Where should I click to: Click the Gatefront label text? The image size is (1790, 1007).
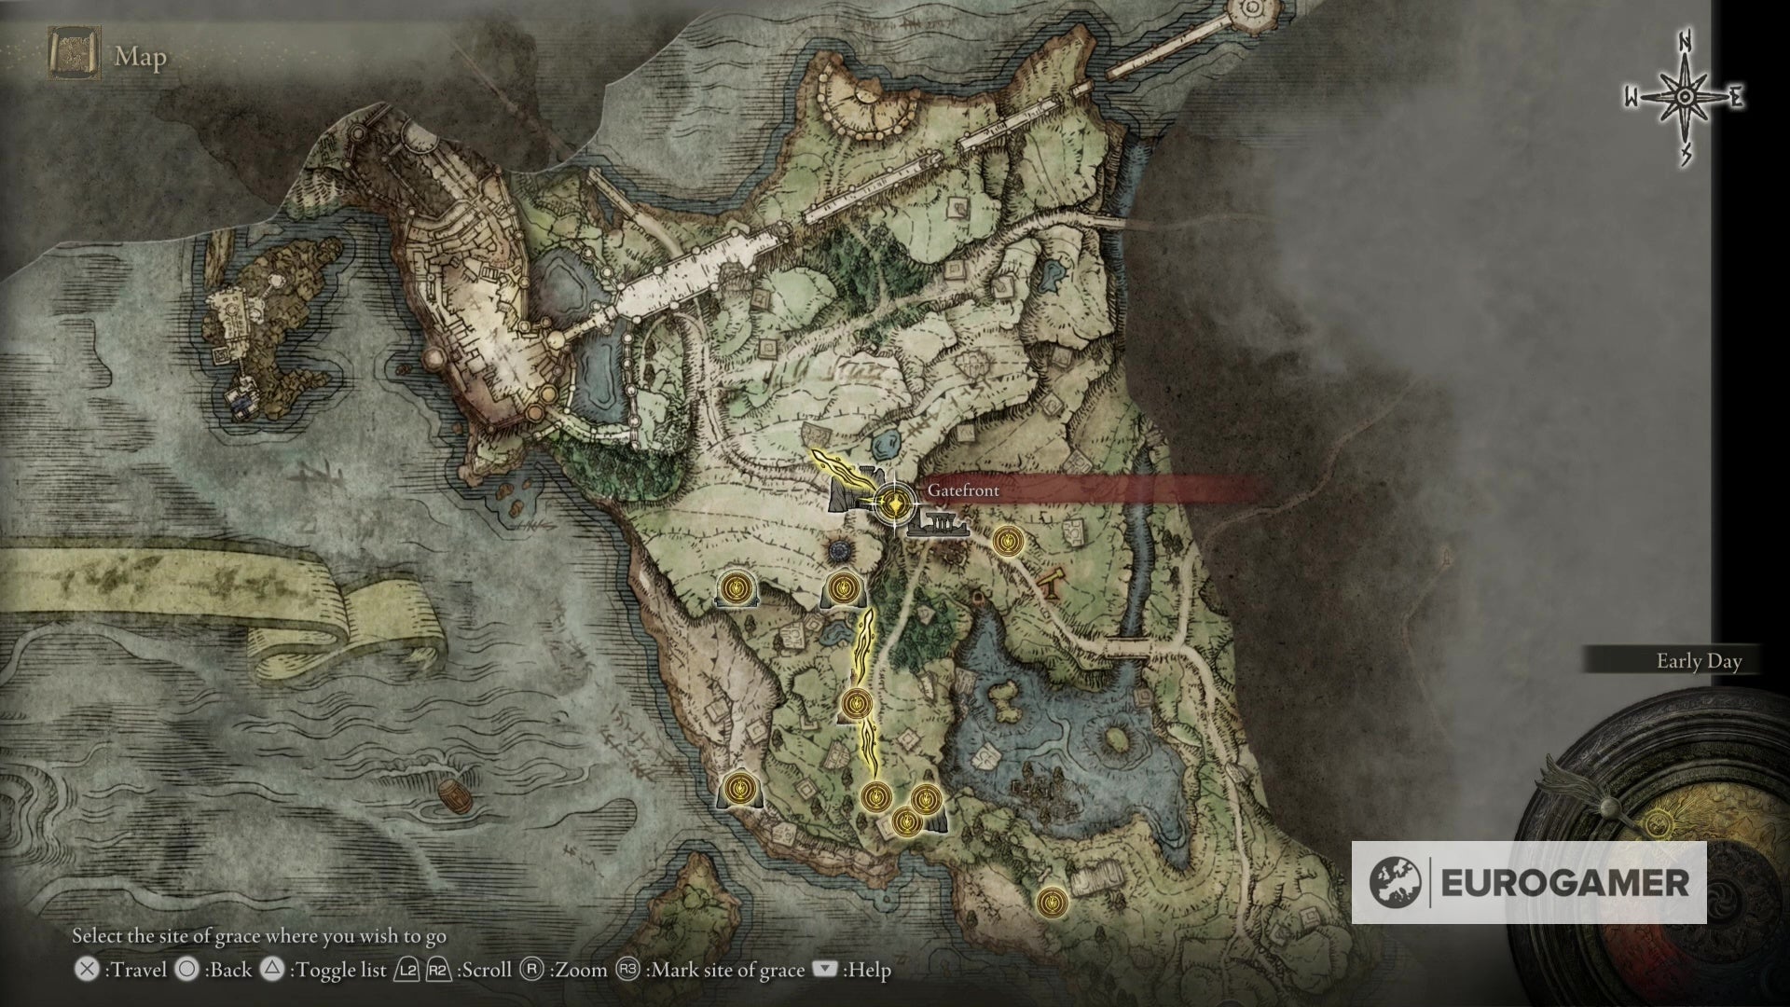[x=963, y=490]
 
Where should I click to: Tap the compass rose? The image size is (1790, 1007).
[x=1685, y=98]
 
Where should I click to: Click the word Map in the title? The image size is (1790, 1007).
[x=141, y=58]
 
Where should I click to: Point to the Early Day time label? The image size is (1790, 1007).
[x=1699, y=661]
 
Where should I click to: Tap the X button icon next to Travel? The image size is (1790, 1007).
[x=87, y=970]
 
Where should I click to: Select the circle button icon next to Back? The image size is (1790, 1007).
[x=187, y=970]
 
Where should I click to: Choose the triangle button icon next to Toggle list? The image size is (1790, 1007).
[x=271, y=970]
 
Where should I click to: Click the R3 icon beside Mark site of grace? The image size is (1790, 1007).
[x=627, y=970]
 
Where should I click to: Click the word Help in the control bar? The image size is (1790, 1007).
[x=867, y=970]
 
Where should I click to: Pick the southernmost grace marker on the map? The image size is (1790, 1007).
[x=1052, y=901]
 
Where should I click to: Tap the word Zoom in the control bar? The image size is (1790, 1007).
[x=579, y=970]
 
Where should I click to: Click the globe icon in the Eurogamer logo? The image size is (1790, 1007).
[x=1396, y=882]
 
